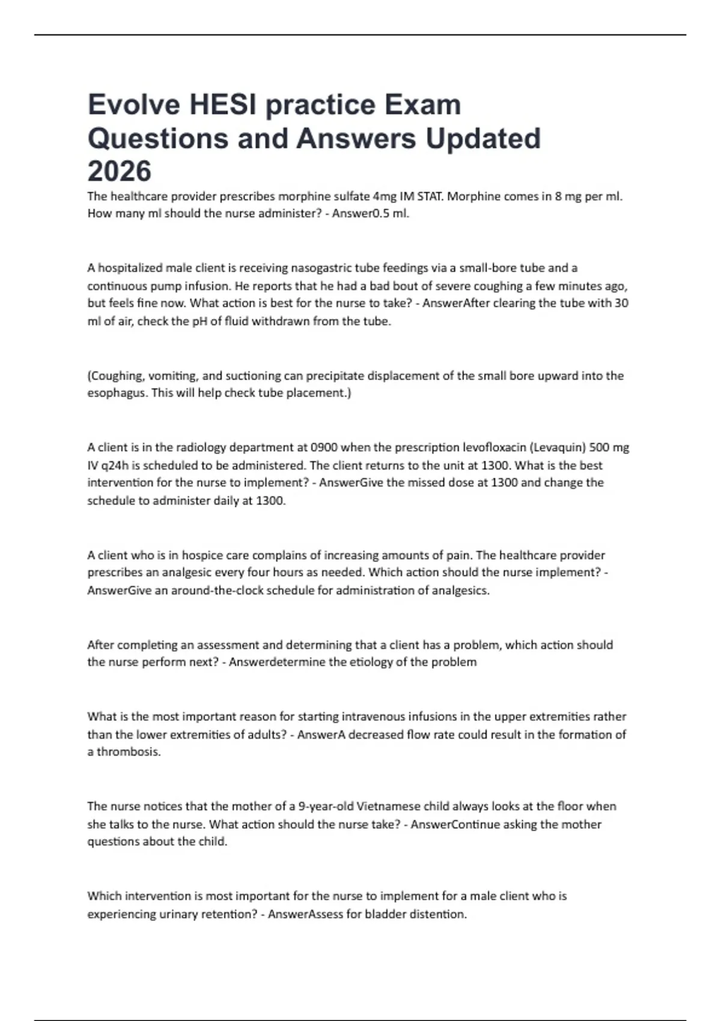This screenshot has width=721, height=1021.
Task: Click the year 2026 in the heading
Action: [x=120, y=171]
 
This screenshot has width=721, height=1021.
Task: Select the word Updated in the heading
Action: [x=483, y=138]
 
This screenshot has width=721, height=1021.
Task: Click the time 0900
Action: [x=324, y=447]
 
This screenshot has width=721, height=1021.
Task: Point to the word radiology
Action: [x=192, y=447]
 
